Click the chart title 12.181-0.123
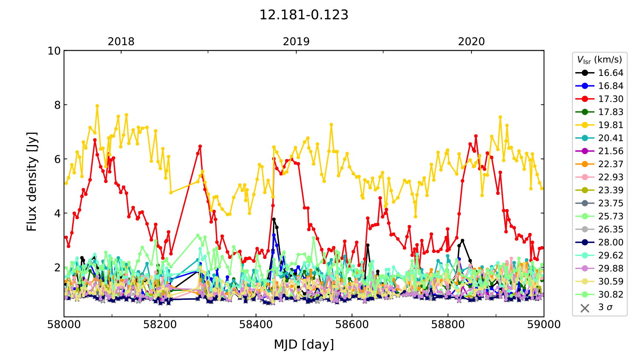click(x=304, y=15)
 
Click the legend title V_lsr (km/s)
click(x=599, y=60)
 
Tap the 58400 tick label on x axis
click(x=256, y=325)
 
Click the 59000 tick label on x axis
click(x=544, y=325)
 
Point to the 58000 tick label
click(x=64, y=325)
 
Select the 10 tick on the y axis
click(x=54, y=51)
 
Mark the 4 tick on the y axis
click(x=57, y=213)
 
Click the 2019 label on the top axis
click(x=296, y=42)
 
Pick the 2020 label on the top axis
click(x=471, y=42)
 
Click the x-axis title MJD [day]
click(x=304, y=344)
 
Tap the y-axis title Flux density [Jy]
click(x=32, y=181)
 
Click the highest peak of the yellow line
click(x=97, y=106)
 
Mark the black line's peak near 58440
click(x=273, y=219)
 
